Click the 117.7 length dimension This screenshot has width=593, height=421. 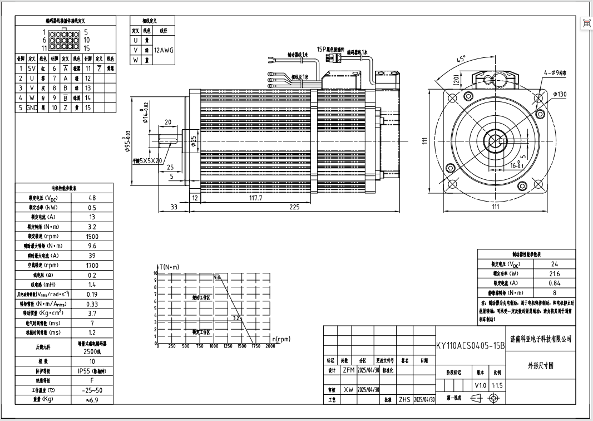click(255, 198)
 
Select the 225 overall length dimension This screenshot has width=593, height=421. click(294, 207)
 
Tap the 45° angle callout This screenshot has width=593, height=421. click(461, 59)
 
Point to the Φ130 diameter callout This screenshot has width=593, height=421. click(559, 94)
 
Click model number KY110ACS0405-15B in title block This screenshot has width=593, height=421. click(470, 345)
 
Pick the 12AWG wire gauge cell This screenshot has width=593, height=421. click(164, 50)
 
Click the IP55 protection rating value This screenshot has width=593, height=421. click(92, 370)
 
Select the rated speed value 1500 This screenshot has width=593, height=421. click(92, 236)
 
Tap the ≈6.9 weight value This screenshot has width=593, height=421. click(92, 399)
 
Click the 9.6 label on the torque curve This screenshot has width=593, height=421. click(217, 277)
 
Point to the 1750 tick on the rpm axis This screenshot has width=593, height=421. click(256, 346)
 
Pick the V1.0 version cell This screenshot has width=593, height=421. click(480, 385)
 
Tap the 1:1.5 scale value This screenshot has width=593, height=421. click(497, 385)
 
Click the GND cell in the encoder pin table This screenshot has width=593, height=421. click(32, 107)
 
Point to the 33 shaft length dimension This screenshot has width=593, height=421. click(174, 207)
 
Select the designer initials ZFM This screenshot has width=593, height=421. click(348, 370)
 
